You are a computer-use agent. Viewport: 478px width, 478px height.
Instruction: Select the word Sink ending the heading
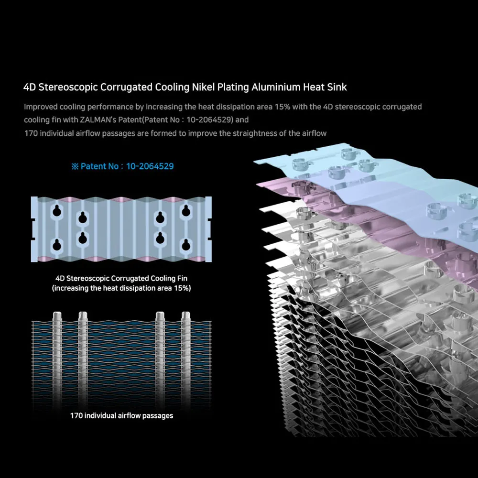coord(337,87)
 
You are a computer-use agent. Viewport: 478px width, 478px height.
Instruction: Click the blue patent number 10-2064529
coord(150,166)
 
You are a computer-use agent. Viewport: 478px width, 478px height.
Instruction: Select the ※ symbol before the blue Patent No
coord(75,166)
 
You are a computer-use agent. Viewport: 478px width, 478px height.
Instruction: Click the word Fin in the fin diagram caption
coord(182,278)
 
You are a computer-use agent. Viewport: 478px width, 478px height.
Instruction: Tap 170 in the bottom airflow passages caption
coord(76,416)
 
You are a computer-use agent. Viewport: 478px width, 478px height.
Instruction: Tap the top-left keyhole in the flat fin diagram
coord(57,211)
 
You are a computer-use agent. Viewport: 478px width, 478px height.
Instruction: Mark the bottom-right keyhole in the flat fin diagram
coord(186,245)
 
